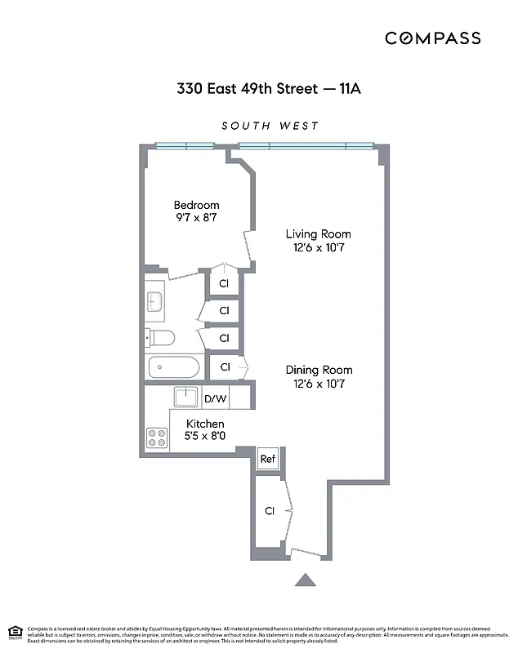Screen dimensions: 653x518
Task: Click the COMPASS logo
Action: [433, 38]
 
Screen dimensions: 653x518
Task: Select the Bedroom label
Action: [197, 205]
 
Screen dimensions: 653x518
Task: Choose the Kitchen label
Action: [205, 424]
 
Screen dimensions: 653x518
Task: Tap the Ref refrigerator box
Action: [268, 460]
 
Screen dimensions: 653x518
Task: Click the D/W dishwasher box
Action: [216, 398]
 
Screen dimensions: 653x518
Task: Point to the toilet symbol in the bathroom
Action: [159, 338]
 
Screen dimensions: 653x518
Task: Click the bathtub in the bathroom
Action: [173, 366]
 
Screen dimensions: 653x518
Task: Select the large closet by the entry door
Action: [269, 511]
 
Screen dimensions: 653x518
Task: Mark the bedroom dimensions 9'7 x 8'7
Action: [197, 218]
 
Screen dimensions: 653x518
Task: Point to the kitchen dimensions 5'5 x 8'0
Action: [205, 437]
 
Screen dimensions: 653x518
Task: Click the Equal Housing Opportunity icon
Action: [14, 632]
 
